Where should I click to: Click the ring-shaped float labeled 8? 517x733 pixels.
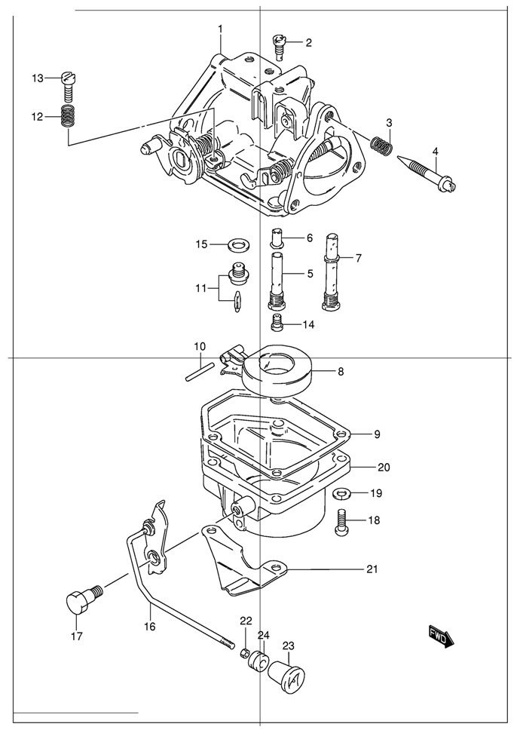tap(278, 370)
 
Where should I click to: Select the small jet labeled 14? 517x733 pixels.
tap(277, 324)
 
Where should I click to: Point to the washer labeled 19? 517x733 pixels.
tap(340, 494)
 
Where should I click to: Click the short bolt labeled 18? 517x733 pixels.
tap(340, 521)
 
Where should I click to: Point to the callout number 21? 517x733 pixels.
tap(372, 569)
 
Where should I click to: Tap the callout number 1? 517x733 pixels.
tap(220, 29)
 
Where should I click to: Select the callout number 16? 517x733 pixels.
tap(150, 625)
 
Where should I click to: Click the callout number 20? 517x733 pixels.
tap(384, 467)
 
